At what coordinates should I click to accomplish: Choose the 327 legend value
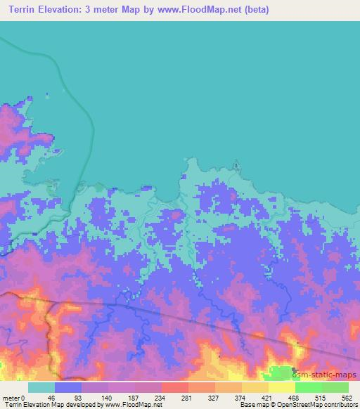click(x=213, y=398)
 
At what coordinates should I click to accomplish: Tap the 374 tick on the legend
click(x=240, y=398)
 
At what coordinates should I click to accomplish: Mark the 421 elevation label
click(x=266, y=398)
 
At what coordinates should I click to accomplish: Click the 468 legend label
click(x=293, y=398)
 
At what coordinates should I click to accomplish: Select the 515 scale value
click(x=320, y=398)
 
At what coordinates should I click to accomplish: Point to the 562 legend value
click(x=347, y=398)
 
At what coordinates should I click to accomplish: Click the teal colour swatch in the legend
click(x=41, y=387)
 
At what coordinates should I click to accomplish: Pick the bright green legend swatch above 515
click(x=308, y=387)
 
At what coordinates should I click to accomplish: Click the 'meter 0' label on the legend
click(x=13, y=398)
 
